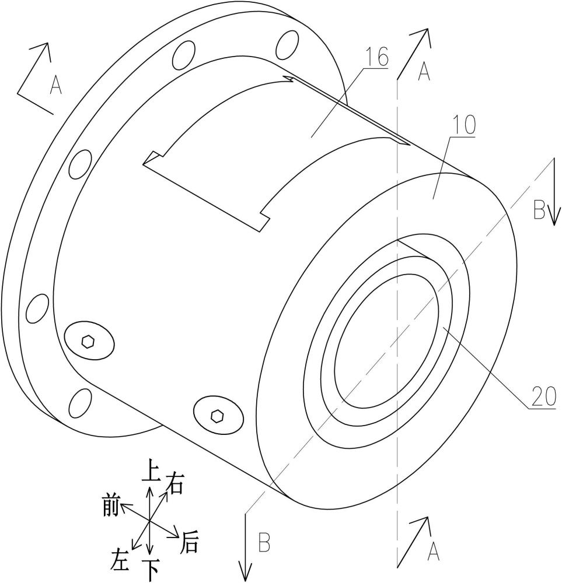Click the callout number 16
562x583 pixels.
[376, 57]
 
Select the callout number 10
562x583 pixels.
[465, 125]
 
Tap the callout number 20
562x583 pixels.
[544, 396]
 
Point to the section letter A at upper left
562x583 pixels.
[56, 85]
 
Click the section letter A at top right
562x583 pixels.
[424, 71]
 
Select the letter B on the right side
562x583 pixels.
[539, 209]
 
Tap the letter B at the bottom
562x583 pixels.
[264, 543]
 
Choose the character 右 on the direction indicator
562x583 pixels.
[174, 483]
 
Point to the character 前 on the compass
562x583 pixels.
[111, 507]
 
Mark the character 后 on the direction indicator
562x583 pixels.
[189, 543]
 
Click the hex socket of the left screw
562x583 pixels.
[88, 341]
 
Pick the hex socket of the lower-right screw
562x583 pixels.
[217, 416]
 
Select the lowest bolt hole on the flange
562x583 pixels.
[81, 403]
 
